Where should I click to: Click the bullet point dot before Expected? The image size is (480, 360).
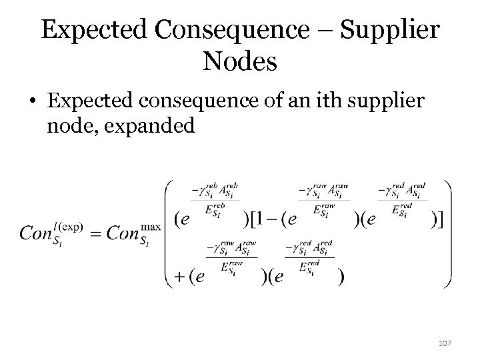[x=33, y=103]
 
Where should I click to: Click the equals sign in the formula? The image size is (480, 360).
[x=95, y=234]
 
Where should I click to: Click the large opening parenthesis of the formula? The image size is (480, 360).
[x=167, y=233]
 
